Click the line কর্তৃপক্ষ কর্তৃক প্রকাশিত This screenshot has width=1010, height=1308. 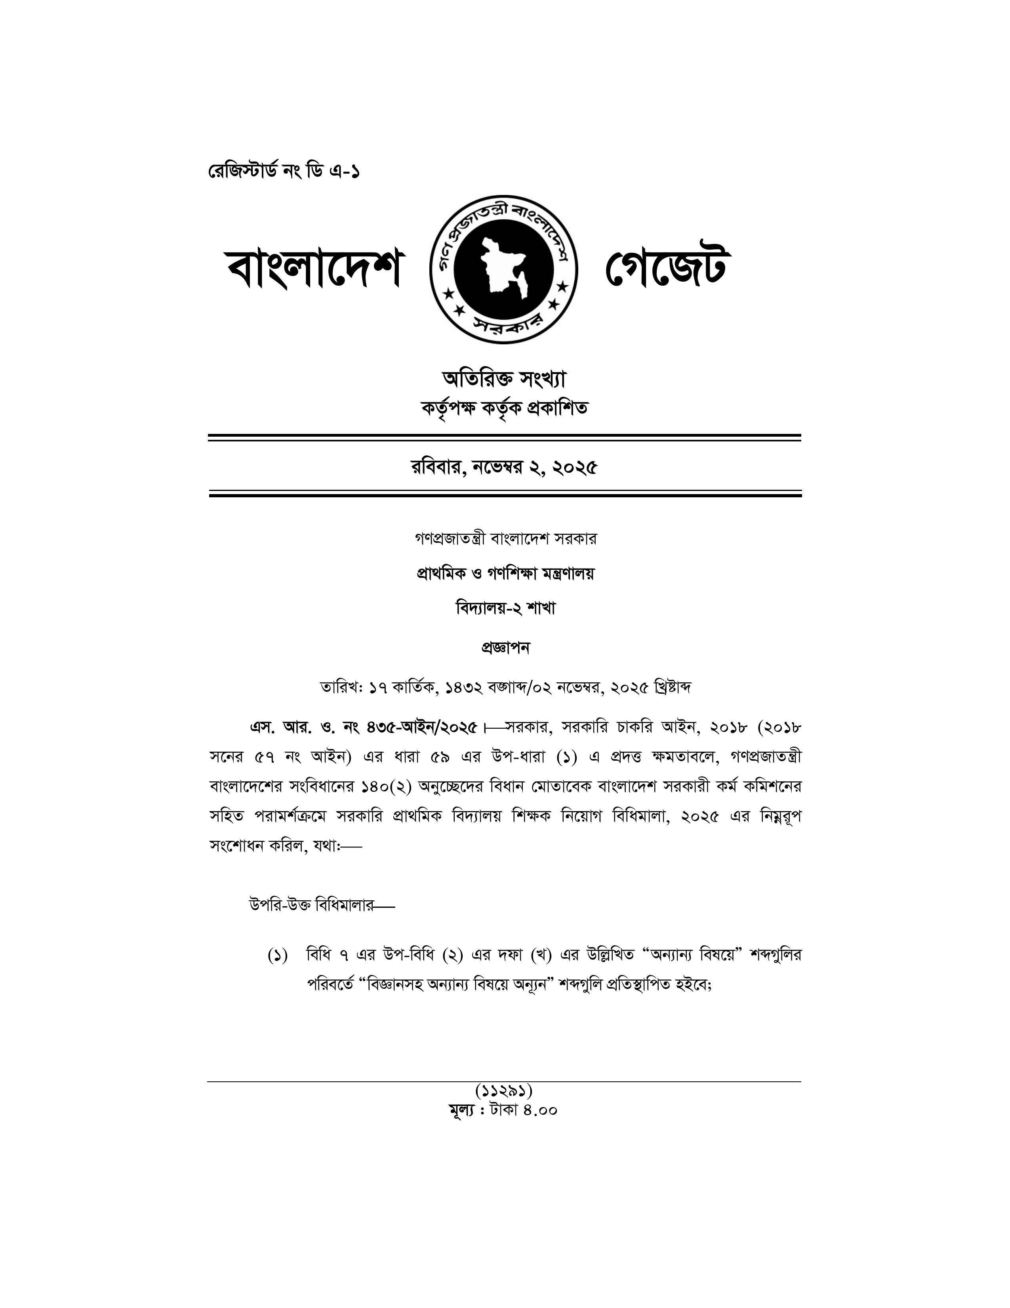[x=504, y=409]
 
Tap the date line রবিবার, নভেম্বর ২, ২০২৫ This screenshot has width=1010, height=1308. [x=504, y=467]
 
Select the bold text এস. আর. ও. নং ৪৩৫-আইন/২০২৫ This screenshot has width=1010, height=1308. [x=364, y=728]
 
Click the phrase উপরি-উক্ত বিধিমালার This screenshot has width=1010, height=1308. [x=311, y=904]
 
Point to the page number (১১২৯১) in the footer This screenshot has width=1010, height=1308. [x=504, y=1088]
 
